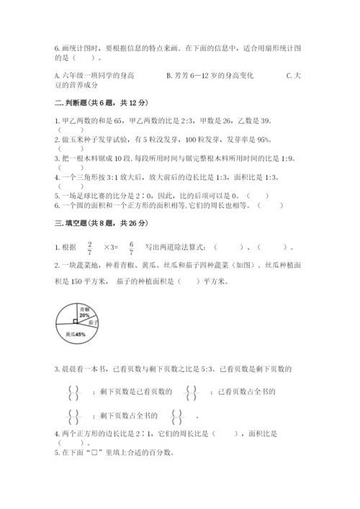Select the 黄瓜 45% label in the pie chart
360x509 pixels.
click(x=75, y=335)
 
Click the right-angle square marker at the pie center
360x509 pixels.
click(x=76, y=322)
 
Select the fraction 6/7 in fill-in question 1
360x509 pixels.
click(x=132, y=248)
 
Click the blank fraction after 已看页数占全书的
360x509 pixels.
click(x=72, y=415)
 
